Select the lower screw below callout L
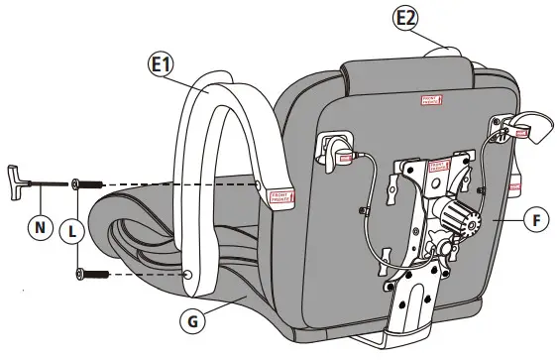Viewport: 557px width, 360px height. coord(92,273)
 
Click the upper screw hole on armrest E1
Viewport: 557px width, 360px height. coord(259,184)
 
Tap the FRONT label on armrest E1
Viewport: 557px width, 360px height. coord(278,197)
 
